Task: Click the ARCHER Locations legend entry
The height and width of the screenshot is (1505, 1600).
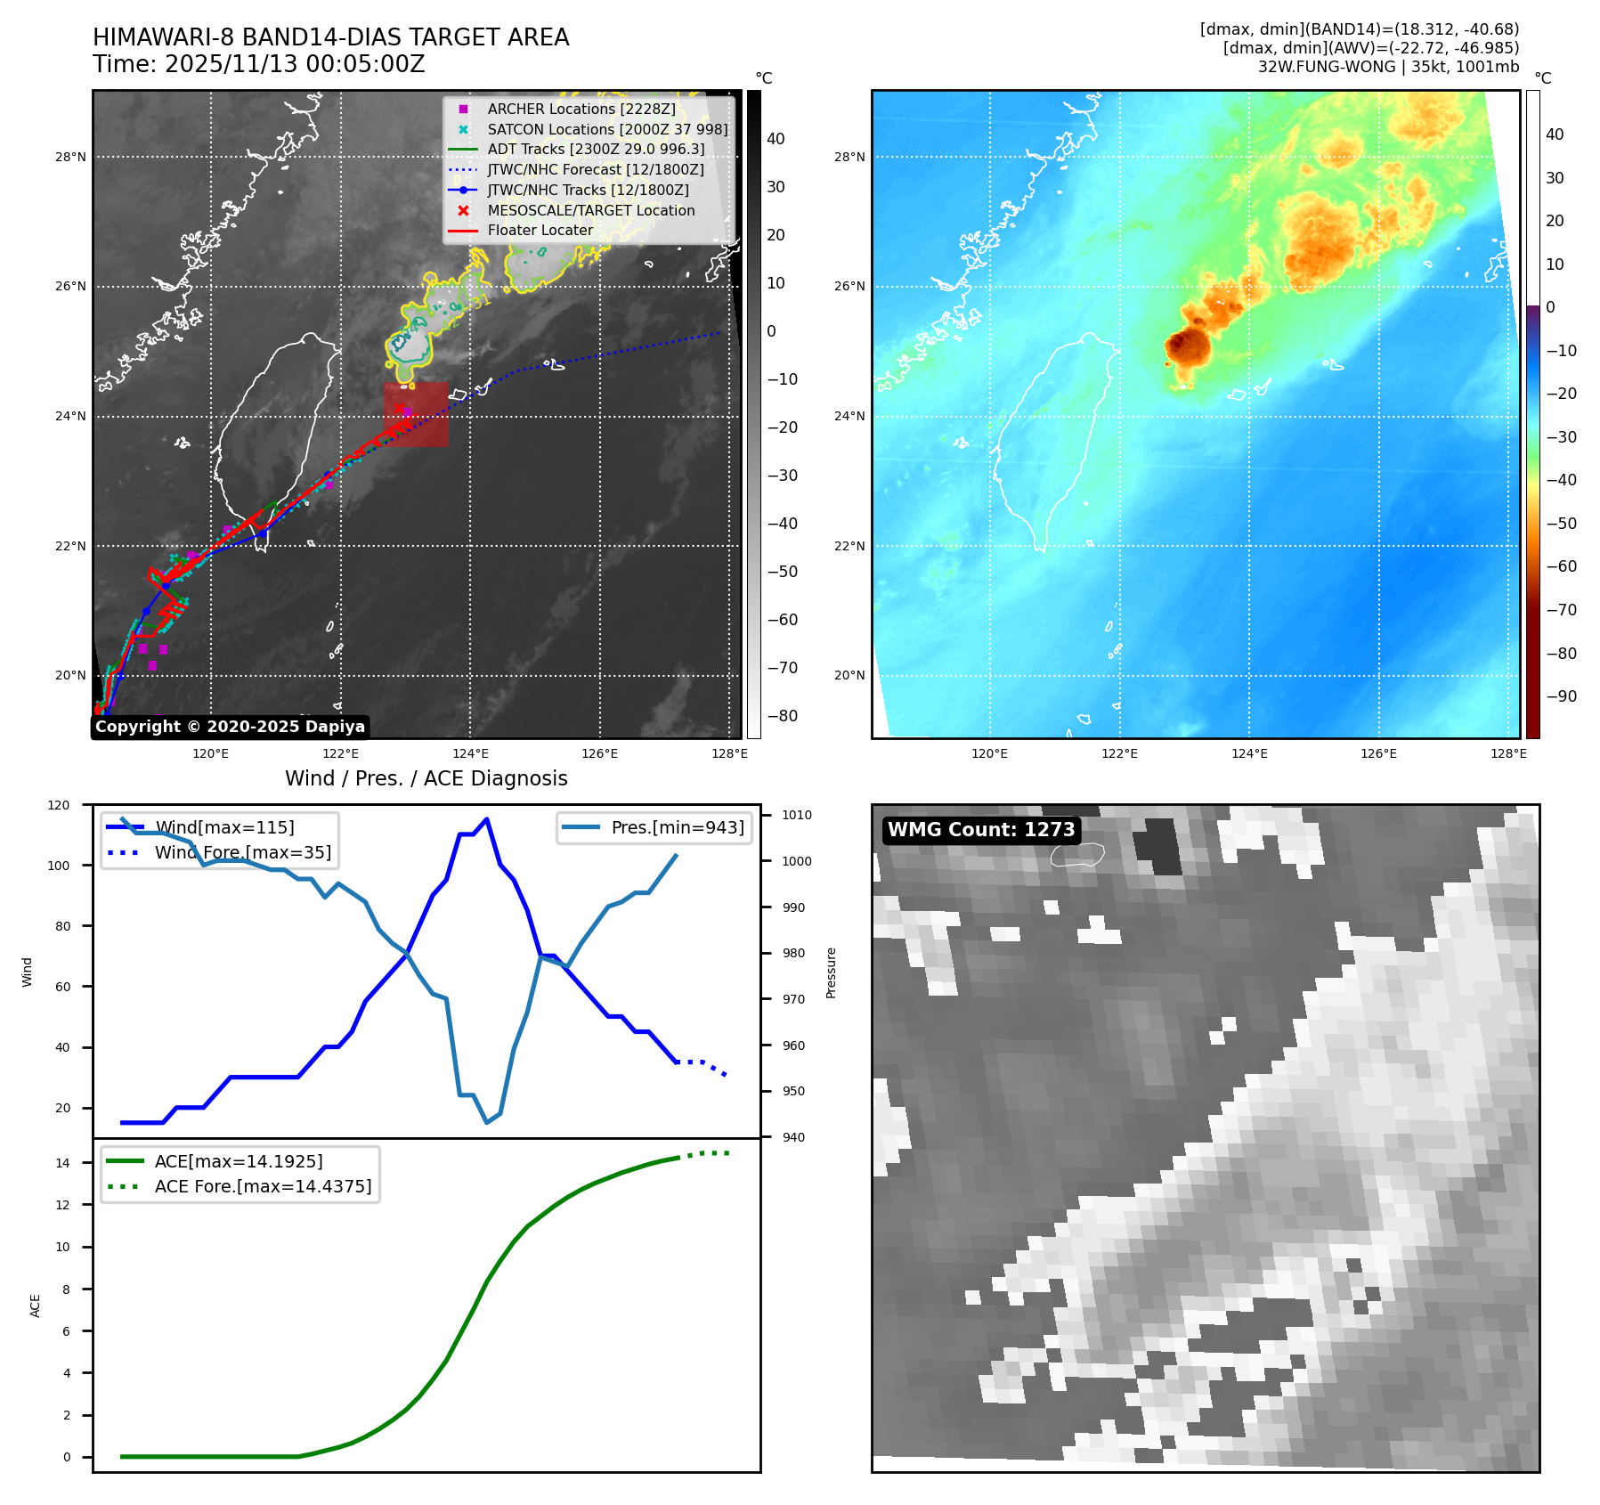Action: pyautogui.click(x=581, y=109)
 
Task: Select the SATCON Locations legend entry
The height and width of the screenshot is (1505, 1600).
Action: pyautogui.click(x=607, y=129)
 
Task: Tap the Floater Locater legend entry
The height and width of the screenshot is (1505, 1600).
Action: pyautogui.click(x=540, y=230)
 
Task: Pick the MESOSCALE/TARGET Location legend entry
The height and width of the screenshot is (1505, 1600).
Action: pyautogui.click(x=590, y=210)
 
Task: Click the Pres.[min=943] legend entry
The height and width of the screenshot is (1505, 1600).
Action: pyautogui.click(x=677, y=827)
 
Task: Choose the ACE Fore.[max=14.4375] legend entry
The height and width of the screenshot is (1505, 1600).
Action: pyautogui.click(x=263, y=1186)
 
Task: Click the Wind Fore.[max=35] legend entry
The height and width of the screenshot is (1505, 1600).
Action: pyautogui.click(x=242, y=852)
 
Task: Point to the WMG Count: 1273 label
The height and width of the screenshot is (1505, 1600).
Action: pyautogui.click(x=981, y=830)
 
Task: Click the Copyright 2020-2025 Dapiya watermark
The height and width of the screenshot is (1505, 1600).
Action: pyautogui.click(x=230, y=727)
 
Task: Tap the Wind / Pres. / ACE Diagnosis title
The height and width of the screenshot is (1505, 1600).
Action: pyautogui.click(x=426, y=778)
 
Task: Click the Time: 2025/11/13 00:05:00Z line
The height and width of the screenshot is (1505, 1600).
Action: pyautogui.click(x=258, y=64)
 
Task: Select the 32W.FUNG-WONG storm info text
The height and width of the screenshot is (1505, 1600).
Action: pyautogui.click(x=1388, y=67)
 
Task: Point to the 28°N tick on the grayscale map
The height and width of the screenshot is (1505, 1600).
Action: pyautogui.click(x=70, y=157)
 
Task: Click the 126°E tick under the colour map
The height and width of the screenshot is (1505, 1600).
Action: pyautogui.click(x=1378, y=753)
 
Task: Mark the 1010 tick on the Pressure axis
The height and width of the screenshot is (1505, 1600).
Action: pyautogui.click(x=797, y=815)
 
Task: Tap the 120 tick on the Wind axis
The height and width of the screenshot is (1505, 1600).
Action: pyautogui.click(x=59, y=805)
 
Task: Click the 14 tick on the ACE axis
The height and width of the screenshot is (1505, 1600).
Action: pyautogui.click(x=62, y=1163)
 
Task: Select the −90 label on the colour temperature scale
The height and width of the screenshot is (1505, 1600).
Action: pyautogui.click(x=1561, y=696)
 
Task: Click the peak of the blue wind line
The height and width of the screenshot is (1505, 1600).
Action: pyautogui.click(x=486, y=819)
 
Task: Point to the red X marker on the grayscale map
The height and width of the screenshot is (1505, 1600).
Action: pyautogui.click(x=398, y=409)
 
